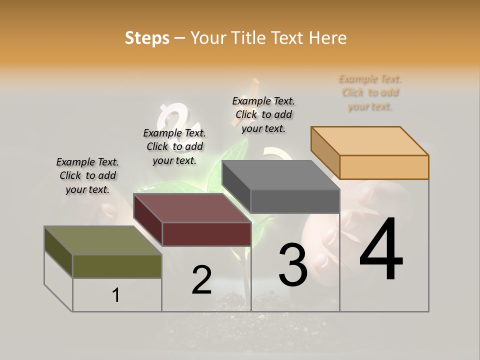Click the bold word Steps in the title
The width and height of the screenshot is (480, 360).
[147, 38]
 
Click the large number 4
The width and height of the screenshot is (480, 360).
[381, 250]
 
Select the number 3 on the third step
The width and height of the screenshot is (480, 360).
[293, 264]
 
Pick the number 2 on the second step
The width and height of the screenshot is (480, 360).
[201, 280]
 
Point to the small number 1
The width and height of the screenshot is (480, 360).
[116, 295]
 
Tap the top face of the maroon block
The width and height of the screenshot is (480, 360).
[192, 208]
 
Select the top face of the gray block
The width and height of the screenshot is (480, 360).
[280, 175]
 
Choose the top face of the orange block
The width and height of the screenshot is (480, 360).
[369, 141]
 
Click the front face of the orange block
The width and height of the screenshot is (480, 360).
[384, 167]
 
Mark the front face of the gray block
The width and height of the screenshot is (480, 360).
[295, 201]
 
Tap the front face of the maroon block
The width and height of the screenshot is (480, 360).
[206, 234]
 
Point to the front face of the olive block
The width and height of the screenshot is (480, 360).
[117, 266]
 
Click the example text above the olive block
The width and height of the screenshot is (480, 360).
[87, 175]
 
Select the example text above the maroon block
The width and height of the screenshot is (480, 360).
[174, 146]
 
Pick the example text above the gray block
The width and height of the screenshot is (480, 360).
[263, 114]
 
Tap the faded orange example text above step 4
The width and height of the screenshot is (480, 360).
[370, 92]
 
